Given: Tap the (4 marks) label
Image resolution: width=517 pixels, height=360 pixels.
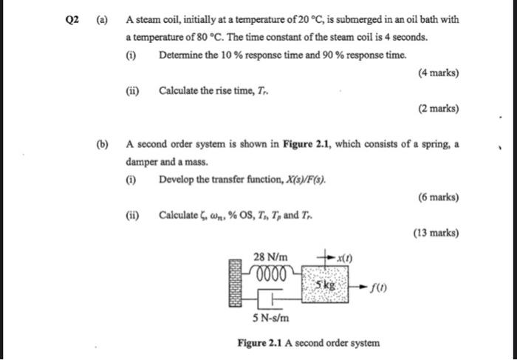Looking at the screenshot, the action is tap(438, 73).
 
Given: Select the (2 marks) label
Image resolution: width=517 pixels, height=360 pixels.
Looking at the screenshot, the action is tap(438, 109).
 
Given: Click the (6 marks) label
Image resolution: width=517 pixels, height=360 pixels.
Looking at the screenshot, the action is tap(438, 197).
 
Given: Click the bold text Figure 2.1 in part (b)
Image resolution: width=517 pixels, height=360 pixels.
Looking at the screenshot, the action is tap(307, 144).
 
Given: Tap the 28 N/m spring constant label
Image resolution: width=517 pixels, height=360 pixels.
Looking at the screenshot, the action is tap(269, 257).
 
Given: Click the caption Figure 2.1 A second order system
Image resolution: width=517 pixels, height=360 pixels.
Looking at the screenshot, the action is tap(308, 343).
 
